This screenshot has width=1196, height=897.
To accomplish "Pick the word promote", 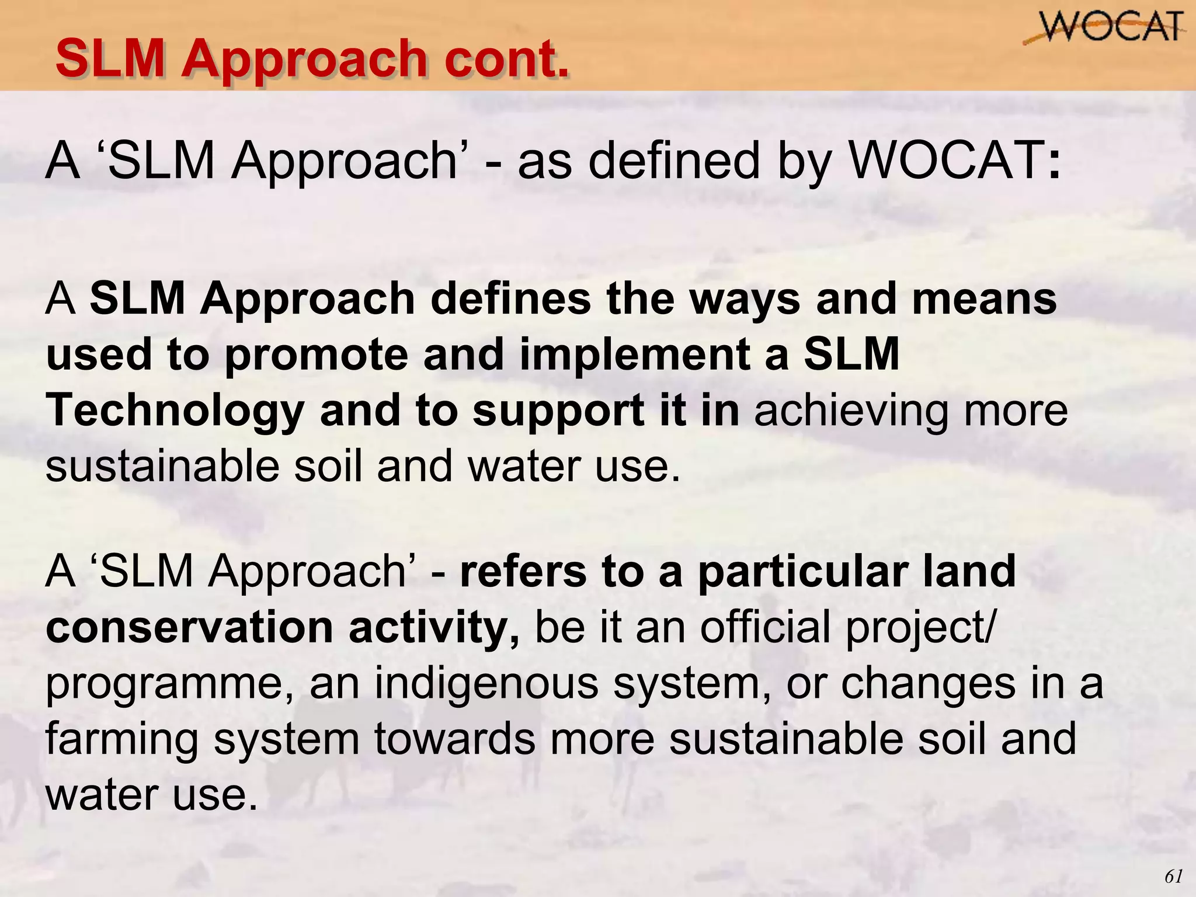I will [x=316, y=354].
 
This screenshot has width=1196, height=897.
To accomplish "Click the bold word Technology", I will [x=175, y=411].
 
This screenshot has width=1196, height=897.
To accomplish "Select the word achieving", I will [x=850, y=411].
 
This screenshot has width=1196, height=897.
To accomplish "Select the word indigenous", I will [x=486, y=683].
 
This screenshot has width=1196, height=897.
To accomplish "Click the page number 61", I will [x=1173, y=876].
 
